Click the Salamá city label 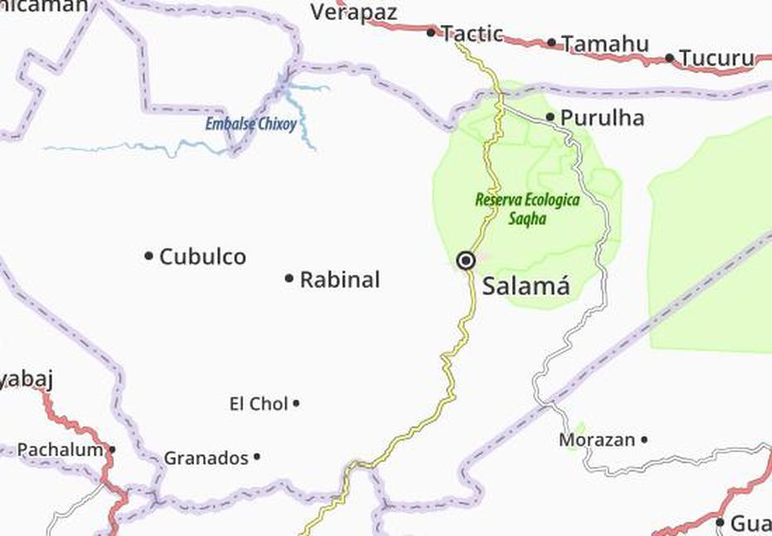tap(526, 286)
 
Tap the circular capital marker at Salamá tap(467, 261)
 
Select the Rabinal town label tap(340, 280)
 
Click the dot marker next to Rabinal tap(289, 279)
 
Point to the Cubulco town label tap(203, 256)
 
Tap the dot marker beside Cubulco tap(149, 256)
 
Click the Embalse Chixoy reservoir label tap(252, 125)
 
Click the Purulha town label tap(602, 118)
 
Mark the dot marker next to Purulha tap(550, 117)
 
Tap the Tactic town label tap(472, 33)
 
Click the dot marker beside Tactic tap(431, 32)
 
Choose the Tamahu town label tap(604, 43)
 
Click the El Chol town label tap(258, 404)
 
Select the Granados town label tap(206, 457)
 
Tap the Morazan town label tap(597, 440)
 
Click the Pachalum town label tap(61, 450)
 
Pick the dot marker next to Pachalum tap(112, 450)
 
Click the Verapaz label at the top tap(354, 12)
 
